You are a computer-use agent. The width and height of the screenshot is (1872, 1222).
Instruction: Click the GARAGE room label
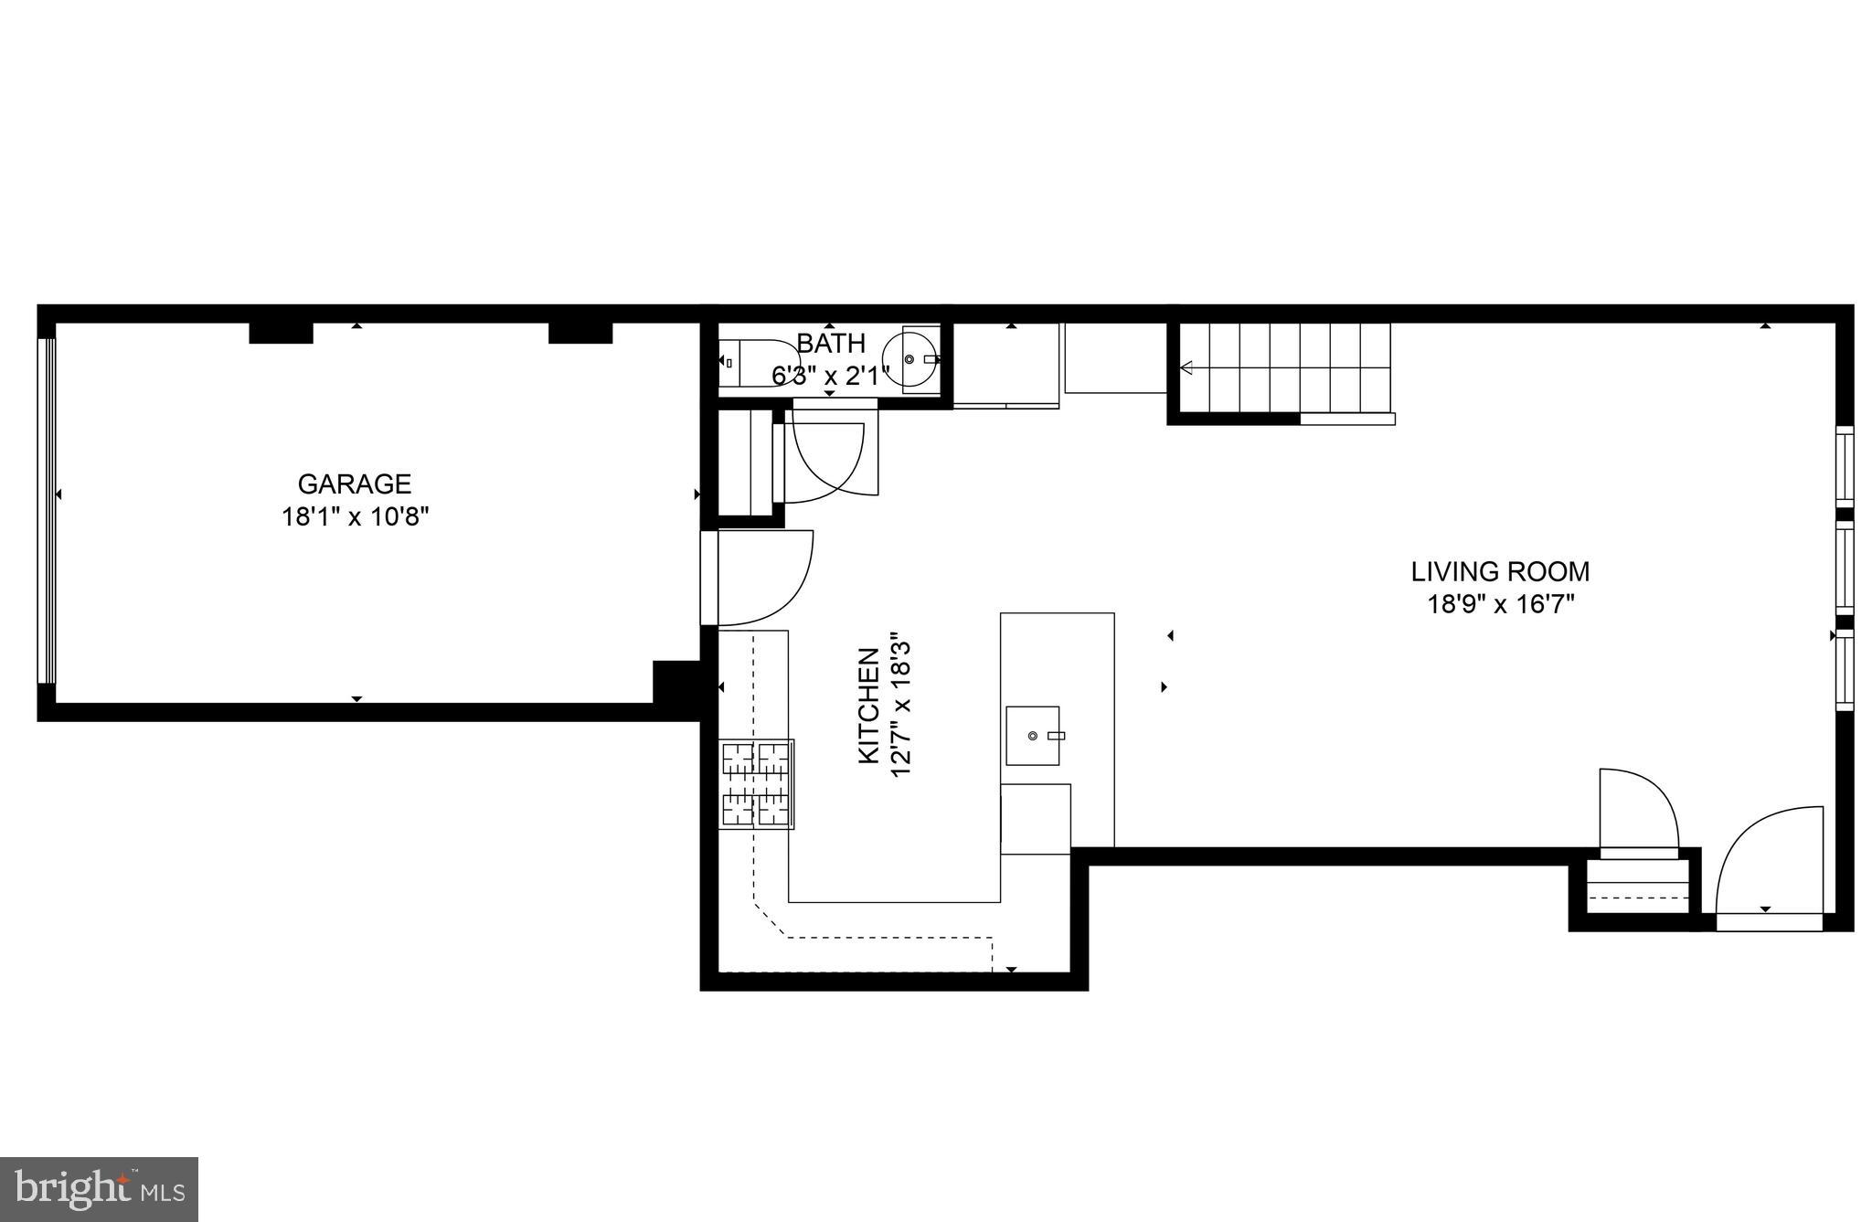pyautogui.click(x=355, y=483)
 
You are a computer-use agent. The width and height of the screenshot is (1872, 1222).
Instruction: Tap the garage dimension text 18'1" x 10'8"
pyautogui.click(x=355, y=517)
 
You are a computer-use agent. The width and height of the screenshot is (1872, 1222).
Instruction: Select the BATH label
pyautogui.click(x=831, y=344)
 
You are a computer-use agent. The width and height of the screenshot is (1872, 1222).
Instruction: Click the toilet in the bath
pyautogui.click(x=757, y=364)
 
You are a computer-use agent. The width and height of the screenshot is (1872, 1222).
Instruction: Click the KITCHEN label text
pyautogui.click(x=868, y=706)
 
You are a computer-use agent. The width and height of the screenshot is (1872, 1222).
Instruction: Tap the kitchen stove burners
pyautogui.click(x=756, y=784)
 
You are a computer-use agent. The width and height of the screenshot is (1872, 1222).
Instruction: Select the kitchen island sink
pyautogui.click(x=1033, y=736)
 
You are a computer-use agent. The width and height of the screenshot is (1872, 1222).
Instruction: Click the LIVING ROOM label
pyautogui.click(x=1500, y=572)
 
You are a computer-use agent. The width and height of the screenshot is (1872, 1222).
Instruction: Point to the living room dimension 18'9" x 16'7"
pyautogui.click(x=1500, y=605)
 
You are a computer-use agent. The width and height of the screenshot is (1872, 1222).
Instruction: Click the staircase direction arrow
pyautogui.click(x=1186, y=368)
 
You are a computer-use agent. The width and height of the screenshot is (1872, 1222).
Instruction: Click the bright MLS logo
pyautogui.click(x=99, y=1189)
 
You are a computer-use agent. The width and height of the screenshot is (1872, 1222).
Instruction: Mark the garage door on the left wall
pyautogui.click(x=47, y=512)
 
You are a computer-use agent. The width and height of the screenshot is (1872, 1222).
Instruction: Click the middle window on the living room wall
pyautogui.click(x=1845, y=567)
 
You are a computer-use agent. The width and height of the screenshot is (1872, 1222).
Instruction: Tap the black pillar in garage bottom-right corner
pyautogui.click(x=675, y=682)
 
